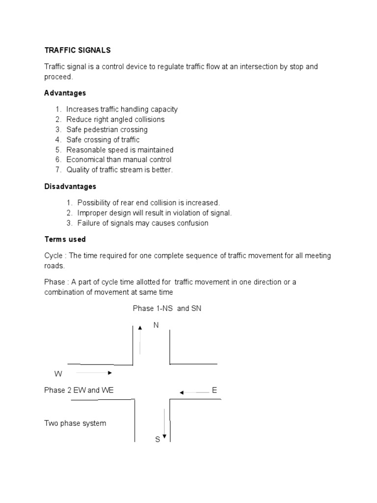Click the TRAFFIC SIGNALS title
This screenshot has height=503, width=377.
click(78, 50)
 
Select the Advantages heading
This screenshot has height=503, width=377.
click(65, 93)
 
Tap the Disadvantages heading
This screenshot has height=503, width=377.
click(70, 187)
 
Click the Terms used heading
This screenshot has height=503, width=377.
click(65, 239)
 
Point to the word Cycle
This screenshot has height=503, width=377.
click(53, 255)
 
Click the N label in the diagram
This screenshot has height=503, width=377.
click(156, 325)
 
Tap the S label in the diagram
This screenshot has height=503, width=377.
click(158, 439)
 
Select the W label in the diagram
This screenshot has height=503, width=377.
click(58, 374)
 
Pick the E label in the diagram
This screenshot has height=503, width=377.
click(214, 390)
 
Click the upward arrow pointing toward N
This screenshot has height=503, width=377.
click(140, 340)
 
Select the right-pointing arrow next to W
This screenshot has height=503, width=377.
click(94, 373)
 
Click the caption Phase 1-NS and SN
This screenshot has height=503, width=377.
click(167, 308)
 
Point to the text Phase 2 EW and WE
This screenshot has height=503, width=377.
click(79, 391)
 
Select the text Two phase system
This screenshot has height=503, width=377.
click(75, 423)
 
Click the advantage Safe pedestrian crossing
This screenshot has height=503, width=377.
click(107, 130)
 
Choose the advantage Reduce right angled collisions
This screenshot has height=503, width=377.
click(115, 119)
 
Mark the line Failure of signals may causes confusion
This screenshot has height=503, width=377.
click(143, 223)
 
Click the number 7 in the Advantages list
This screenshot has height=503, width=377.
click(57, 170)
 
